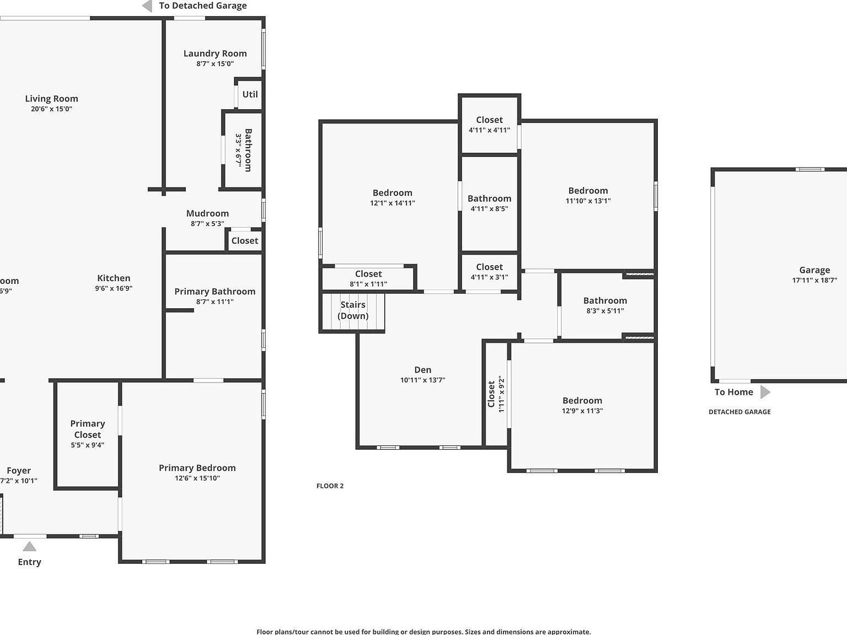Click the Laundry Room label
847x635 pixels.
pos(215,53)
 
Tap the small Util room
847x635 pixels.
pos(250,94)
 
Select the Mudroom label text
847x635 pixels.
pos(207,213)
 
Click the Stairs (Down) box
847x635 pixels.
pos(353,311)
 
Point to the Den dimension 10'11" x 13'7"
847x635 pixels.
pos(422,380)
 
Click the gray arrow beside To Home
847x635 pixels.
pos(765,392)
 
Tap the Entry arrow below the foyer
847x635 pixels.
pos(29,546)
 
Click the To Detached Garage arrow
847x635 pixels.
pos(147,6)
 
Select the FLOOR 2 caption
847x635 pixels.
pos(330,486)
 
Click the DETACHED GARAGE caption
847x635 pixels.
pos(739,412)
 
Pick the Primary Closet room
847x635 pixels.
pos(87,434)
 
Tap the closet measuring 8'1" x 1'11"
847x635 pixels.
pos(368,278)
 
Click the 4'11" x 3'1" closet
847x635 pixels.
pos(489,272)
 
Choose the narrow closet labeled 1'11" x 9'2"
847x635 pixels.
pos(495,394)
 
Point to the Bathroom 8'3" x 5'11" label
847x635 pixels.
pos(605,300)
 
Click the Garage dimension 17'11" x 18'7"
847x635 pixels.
pos(814,280)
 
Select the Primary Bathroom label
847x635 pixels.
pos(215,292)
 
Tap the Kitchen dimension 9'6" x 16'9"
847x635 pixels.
pos(114,288)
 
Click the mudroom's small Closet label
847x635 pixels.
pos(244,241)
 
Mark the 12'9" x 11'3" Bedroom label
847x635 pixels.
pos(582,401)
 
